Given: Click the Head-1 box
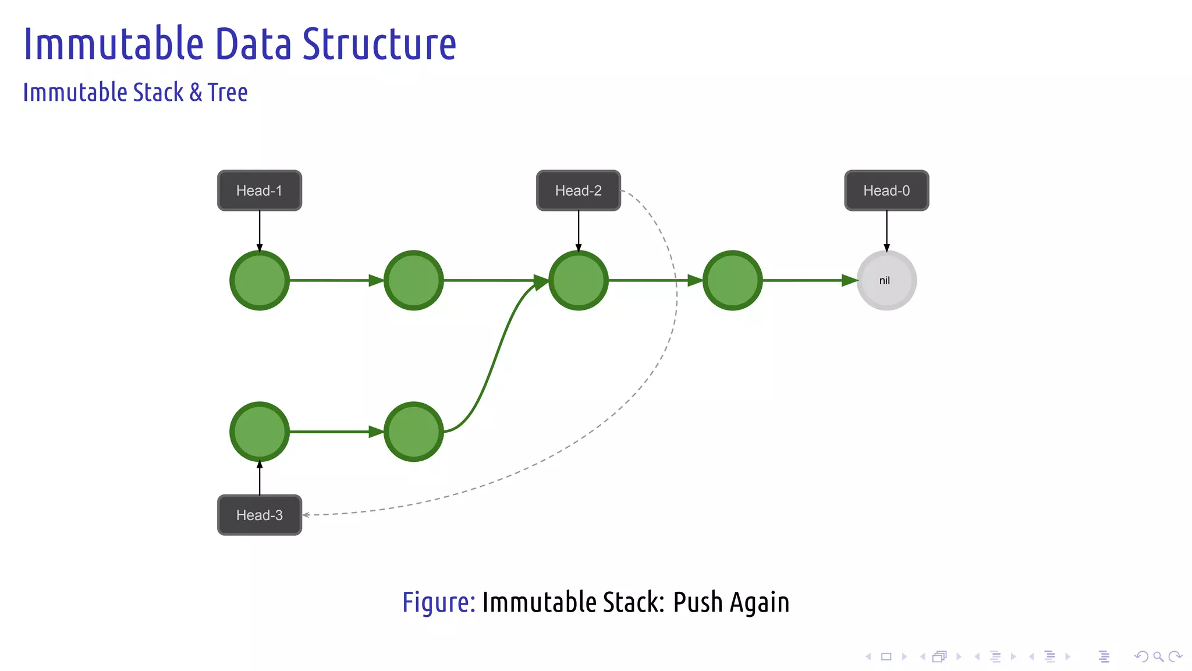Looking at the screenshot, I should click(260, 190).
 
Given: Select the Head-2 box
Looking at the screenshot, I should click(578, 190).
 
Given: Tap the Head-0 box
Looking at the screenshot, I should click(886, 190).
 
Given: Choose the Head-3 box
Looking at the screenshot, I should click(260, 515).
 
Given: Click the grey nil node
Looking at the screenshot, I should click(886, 280).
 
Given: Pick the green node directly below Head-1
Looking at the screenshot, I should click(260, 280).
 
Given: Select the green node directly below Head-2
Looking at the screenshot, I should click(578, 280).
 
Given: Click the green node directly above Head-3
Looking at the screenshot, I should click(260, 432).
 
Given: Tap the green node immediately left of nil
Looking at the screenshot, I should click(732, 280).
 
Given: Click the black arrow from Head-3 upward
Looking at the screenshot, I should click(260, 478).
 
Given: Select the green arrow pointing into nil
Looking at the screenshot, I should click(809, 280).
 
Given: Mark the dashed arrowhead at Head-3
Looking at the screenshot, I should click(306, 515).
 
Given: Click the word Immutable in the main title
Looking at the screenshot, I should click(113, 44).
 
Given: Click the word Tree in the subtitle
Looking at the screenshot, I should click(228, 93).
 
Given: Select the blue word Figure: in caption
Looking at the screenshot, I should click(439, 602).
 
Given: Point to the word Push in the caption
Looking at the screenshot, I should click(697, 602).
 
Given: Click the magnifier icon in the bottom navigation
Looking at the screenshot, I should click(1158, 656).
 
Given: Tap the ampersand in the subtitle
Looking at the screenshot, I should click(196, 93).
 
